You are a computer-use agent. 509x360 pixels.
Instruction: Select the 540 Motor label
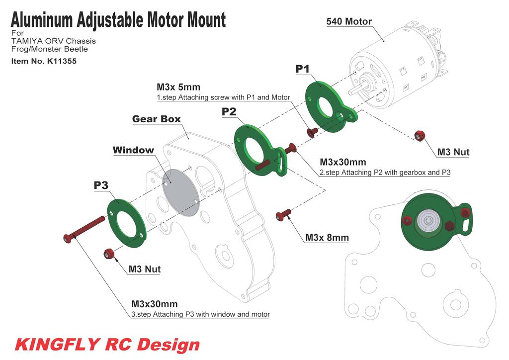(349, 21)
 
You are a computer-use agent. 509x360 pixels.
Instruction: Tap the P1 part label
(303, 69)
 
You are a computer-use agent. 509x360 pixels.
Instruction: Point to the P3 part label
(101, 185)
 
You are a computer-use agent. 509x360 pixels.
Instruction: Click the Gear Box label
(156, 119)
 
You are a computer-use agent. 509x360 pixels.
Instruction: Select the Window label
(133, 150)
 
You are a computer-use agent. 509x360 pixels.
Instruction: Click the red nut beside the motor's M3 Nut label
(420, 135)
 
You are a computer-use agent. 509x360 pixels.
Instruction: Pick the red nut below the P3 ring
(108, 254)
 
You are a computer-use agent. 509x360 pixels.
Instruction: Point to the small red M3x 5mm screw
(312, 132)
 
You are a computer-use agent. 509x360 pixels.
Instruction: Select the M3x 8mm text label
(327, 238)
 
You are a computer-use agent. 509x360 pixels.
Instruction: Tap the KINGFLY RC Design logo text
(107, 344)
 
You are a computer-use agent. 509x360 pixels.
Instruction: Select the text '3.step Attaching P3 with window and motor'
(200, 314)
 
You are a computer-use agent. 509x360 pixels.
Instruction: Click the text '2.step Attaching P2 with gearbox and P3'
(385, 173)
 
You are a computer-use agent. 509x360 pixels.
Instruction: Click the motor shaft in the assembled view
(426, 220)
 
